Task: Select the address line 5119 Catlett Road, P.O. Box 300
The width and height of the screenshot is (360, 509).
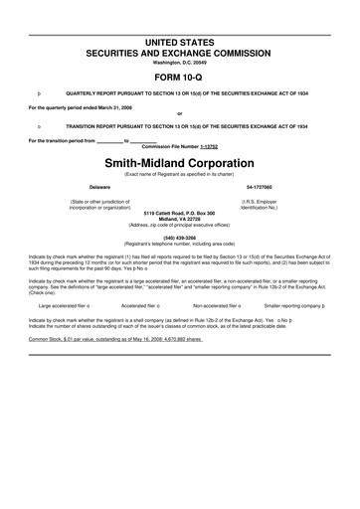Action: click(x=180, y=214)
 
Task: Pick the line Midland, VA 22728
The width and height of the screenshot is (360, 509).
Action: click(x=180, y=220)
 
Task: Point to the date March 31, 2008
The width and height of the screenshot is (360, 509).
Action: click(x=122, y=105)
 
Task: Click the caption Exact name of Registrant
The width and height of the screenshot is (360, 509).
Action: click(x=180, y=173)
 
